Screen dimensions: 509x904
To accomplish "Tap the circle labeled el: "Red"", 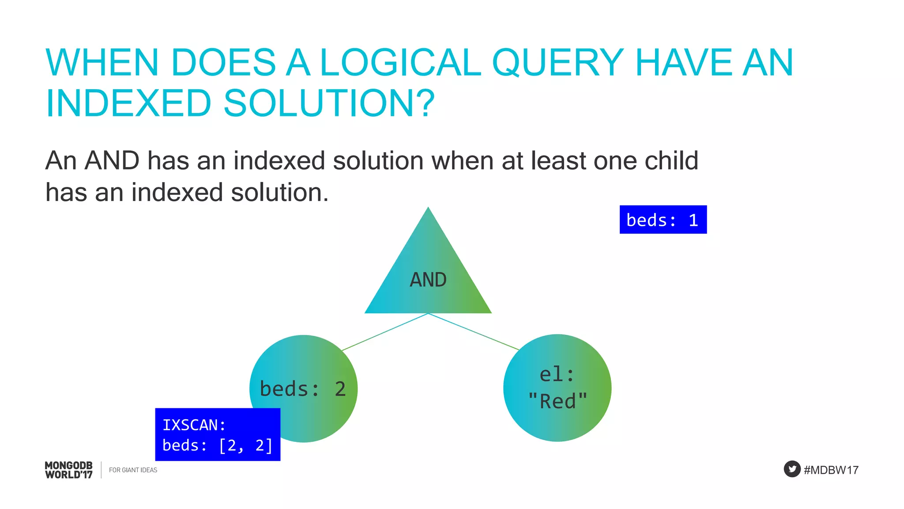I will point(557,388).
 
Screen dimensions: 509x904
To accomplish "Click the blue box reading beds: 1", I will point(663,220).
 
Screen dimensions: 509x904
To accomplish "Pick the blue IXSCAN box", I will point(218,434).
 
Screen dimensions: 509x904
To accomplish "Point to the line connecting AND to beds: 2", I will point(385,332).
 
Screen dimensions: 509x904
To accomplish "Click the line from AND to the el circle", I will point(473,332).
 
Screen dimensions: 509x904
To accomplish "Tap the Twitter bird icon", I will point(792,469).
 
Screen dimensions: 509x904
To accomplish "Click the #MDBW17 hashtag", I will point(831,470).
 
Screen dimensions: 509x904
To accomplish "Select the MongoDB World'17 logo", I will point(69,470).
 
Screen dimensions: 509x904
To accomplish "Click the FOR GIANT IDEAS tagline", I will point(133,470).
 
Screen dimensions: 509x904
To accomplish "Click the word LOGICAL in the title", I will point(400,63).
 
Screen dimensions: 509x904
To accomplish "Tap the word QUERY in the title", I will point(557,63).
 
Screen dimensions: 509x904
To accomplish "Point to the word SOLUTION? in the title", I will point(329,103).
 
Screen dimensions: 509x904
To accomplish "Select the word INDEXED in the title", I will point(128,103).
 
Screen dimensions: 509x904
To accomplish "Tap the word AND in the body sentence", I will point(112,160).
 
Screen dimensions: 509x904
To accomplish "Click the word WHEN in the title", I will point(102,63).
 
